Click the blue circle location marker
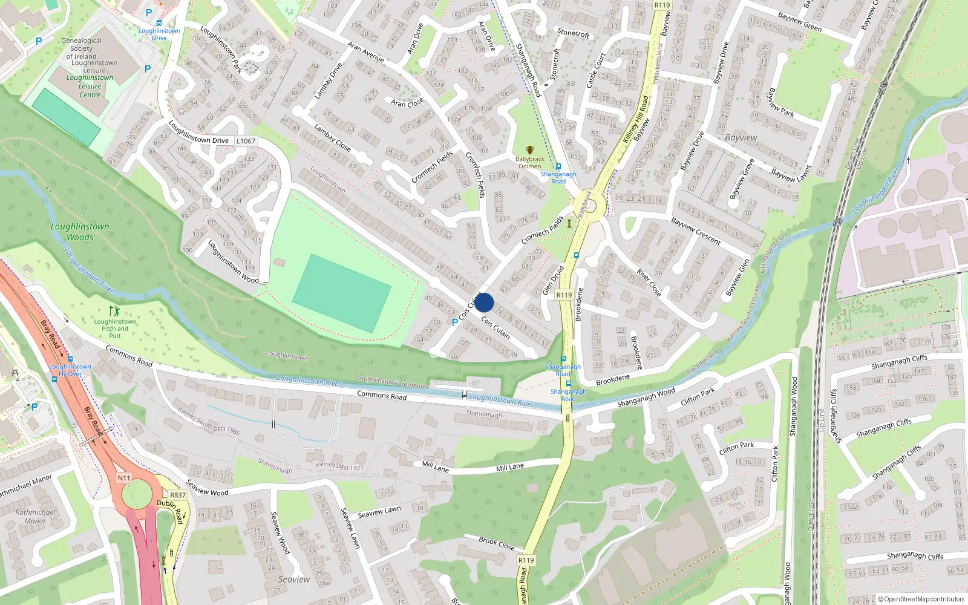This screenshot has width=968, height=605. [484, 302]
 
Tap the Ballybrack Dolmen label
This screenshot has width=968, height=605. [529, 162]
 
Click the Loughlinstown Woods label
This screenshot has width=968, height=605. [80, 232]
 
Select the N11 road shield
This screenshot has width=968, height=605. [124, 478]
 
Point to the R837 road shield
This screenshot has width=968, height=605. [178, 495]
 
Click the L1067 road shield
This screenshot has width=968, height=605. [246, 141]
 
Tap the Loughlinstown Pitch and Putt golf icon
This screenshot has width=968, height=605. [114, 312]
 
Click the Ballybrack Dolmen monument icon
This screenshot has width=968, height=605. [530, 149]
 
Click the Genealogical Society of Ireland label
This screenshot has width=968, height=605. [81, 48]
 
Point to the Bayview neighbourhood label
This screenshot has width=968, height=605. [741, 137]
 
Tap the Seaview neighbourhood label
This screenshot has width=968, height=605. [294, 579]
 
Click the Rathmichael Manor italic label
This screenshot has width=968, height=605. [35, 516]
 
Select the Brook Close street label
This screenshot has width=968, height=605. [496, 543]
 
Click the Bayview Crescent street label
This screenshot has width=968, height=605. [696, 231]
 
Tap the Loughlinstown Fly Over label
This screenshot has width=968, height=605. [70, 370]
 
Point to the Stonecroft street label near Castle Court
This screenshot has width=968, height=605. [573, 33]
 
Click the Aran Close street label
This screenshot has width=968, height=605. [407, 103]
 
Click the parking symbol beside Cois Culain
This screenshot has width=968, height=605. [455, 322]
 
